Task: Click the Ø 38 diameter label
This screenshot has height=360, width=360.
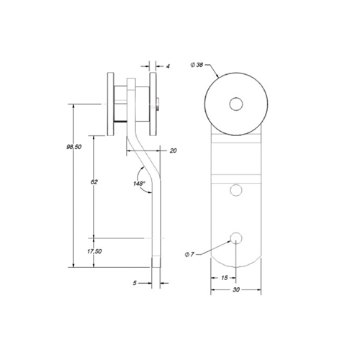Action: click(x=197, y=65)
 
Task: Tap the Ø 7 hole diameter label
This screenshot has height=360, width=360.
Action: click(x=189, y=254)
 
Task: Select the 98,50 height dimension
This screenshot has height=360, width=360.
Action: click(x=74, y=147)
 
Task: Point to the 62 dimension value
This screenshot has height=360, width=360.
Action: click(x=94, y=182)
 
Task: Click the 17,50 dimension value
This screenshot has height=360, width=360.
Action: click(x=94, y=251)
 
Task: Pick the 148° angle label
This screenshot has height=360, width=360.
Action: click(x=140, y=184)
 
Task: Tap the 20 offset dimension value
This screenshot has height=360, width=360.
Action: click(x=173, y=150)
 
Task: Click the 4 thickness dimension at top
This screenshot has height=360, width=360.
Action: click(x=168, y=66)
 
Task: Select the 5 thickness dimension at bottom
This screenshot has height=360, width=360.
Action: click(x=135, y=283)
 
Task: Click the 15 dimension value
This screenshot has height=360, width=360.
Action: click(x=224, y=278)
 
